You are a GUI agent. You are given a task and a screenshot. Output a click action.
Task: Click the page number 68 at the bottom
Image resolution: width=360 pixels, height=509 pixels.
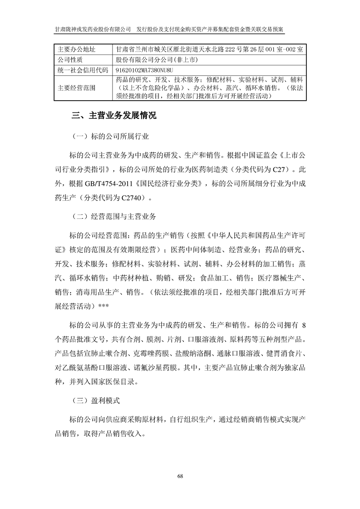click(180, 476)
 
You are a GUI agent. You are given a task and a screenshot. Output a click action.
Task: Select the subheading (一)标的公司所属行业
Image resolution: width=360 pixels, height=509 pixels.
click(111, 136)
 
